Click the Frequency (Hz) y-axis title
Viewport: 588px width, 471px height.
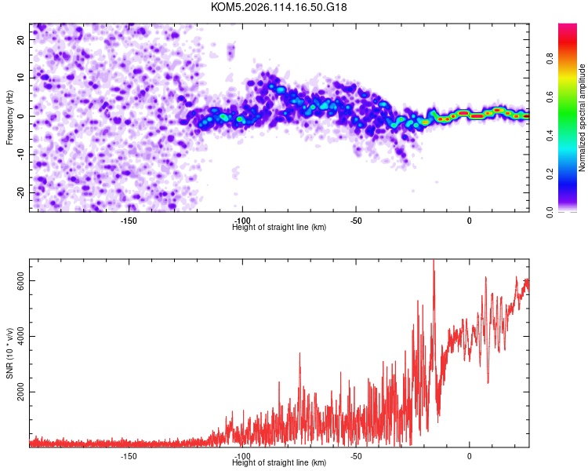[x=9, y=117]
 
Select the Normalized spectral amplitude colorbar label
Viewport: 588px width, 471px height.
[x=583, y=118]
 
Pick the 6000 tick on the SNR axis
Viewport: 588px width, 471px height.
[x=16, y=281]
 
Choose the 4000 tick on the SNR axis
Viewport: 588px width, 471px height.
[x=16, y=337]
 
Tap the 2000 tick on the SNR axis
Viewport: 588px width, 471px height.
[x=16, y=392]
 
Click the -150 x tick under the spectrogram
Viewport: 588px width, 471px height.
[x=129, y=221]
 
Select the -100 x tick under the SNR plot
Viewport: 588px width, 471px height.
[x=242, y=456]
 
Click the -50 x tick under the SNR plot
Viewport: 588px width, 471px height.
[x=356, y=456]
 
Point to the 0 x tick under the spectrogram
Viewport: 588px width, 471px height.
[x=469, y=221]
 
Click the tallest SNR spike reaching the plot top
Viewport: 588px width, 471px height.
[x=434, y=262]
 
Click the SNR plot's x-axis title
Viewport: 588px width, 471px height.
[x=279, y=463]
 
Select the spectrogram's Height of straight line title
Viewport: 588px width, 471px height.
[x=279, y=228]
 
